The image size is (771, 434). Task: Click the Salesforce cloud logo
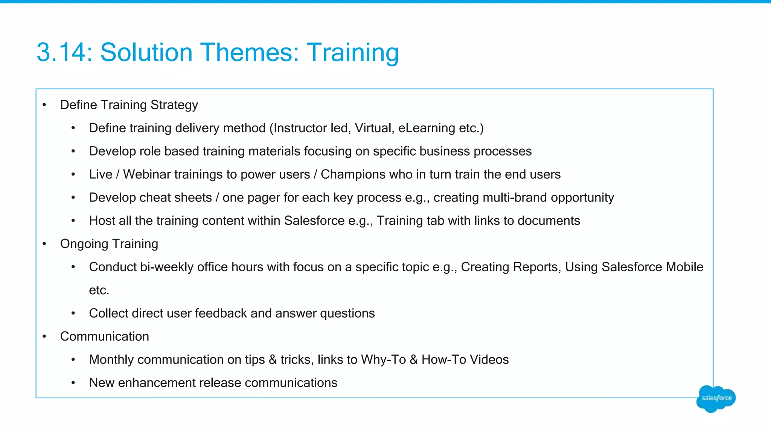pos(716,398)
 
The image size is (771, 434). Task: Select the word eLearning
pos(427,128)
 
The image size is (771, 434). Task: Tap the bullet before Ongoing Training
pos(44,244)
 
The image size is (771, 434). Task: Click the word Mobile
pos(684,267)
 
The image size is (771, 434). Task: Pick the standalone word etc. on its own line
pos(99,290)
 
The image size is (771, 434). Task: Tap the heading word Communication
pos(104,336)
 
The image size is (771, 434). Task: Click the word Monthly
pos(111,360)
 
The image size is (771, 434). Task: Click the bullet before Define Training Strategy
pos(44,105)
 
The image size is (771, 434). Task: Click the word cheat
pos(154,197)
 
